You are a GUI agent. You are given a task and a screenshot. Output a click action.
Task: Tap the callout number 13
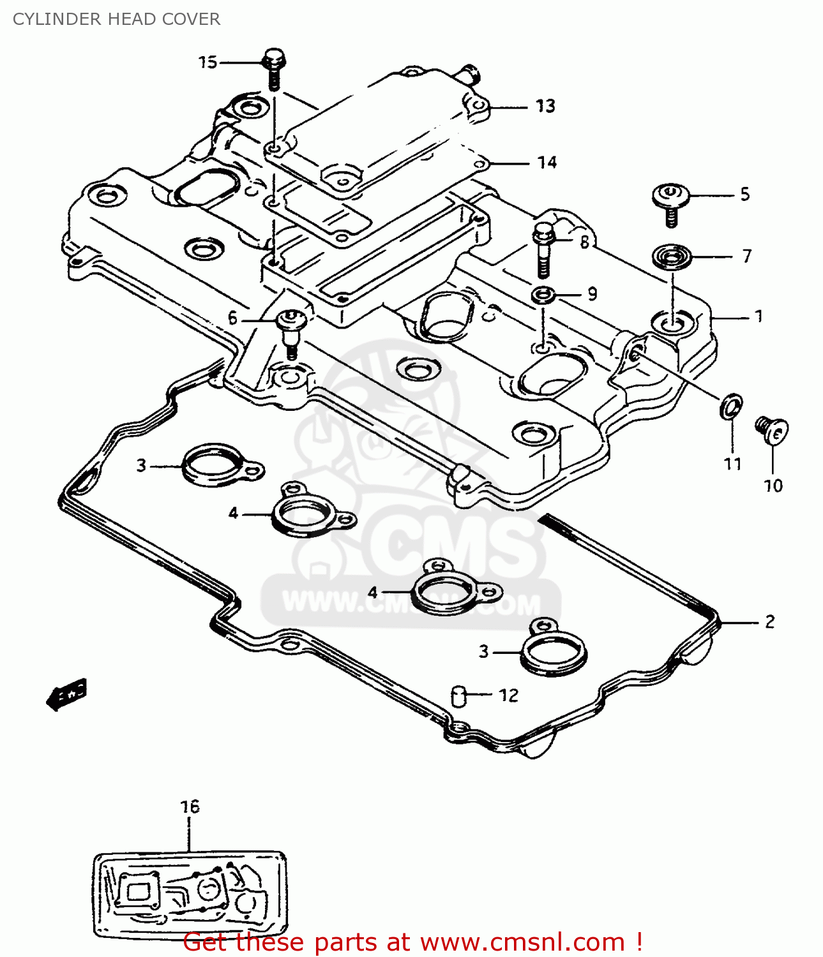click(545, 107)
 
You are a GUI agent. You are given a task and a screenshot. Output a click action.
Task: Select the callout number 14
click(547, 163)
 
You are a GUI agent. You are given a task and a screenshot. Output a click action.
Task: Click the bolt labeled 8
click(542, 249)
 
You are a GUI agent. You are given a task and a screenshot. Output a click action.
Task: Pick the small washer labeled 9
click(543, 295)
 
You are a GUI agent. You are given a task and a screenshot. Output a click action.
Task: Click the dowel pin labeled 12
click(458, 695)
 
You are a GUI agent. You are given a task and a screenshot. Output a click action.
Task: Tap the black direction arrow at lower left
click(66, 694)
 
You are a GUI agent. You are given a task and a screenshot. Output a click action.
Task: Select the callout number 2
click(769, 621)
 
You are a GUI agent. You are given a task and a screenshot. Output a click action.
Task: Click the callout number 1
click(759, 316)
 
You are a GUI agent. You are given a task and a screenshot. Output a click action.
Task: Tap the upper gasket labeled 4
click(305, 512)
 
